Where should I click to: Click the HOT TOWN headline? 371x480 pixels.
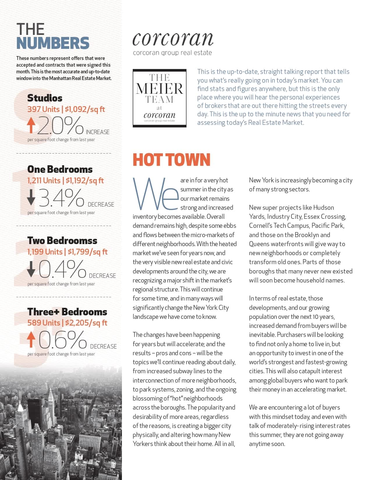[171, 160]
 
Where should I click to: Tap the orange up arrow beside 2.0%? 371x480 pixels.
[31, 125]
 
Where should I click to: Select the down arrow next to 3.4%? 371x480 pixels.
[31, 197]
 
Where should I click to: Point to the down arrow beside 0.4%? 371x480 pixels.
[31, 269]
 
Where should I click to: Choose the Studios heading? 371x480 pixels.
[45, 98]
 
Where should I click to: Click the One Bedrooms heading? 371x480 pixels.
[60, 169]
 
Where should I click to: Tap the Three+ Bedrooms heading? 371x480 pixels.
[67, 312]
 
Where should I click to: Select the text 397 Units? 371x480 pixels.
[43, 109]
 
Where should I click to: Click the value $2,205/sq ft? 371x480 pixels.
[86, 323]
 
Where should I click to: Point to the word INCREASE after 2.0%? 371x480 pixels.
[98, 132]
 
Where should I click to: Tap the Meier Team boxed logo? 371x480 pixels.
[159, 98]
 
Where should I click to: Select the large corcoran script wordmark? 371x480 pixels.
[173, 39]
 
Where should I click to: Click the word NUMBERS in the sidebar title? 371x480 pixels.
[53, 43]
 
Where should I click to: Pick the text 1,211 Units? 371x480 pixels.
[44, 181]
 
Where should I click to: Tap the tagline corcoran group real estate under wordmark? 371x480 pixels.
[172, 53]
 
